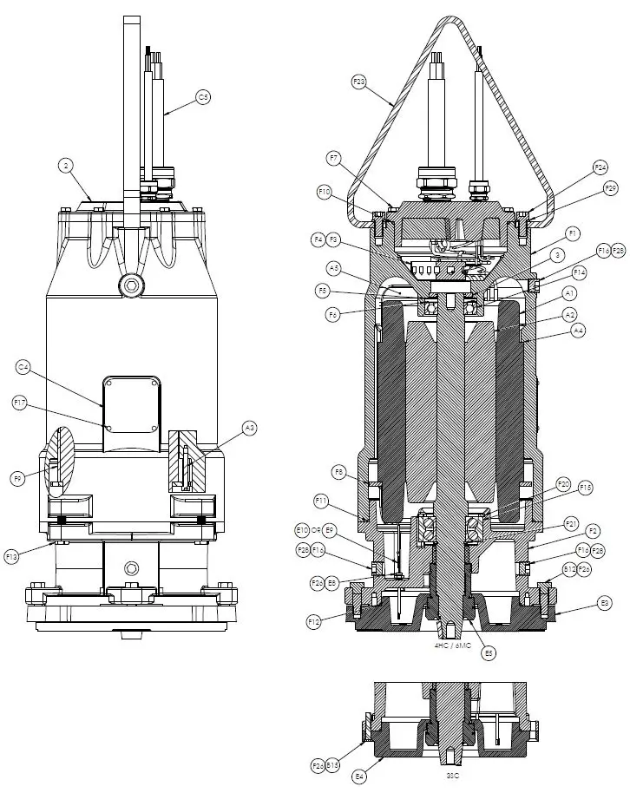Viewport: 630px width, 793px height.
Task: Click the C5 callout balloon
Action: click(x=203, y=98)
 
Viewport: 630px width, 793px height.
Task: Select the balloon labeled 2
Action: click(x=65, y=164)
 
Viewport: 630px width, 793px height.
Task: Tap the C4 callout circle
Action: click(x=23, y=368)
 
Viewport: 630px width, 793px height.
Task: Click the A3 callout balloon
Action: click(x=249, y=428)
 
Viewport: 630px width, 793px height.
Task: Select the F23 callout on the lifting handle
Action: click(x=359, y=82)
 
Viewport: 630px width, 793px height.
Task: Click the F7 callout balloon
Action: click(x=334, y=157)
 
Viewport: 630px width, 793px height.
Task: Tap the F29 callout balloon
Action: click(x=612, y=188)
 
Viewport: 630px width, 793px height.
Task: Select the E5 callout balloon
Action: click(x=490, y=653)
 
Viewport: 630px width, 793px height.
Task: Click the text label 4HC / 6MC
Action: click(x=452, y=646)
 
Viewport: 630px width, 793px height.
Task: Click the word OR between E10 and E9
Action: click(x=316, y=529)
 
